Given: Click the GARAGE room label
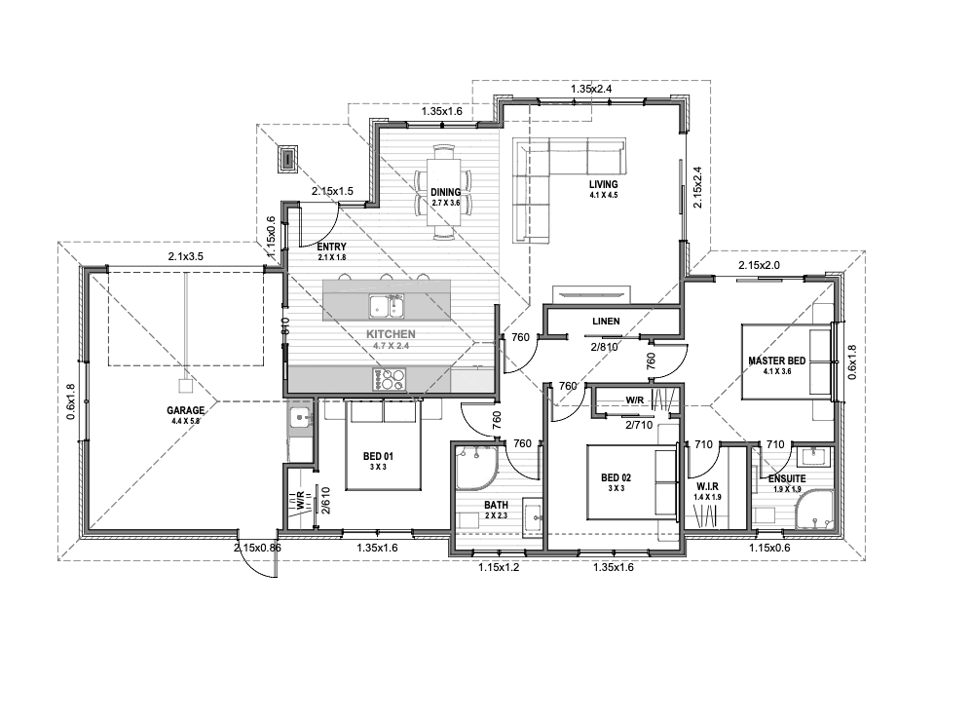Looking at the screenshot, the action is (x=185, y=410).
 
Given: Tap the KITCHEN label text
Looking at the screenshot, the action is (x=392, y=334).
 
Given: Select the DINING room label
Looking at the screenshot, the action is (x=446, y=192).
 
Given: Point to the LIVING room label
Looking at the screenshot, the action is (x=604, y=184).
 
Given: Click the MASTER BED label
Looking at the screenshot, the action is (x=777, y=361).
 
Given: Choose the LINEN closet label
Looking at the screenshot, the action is (x=606, y=322).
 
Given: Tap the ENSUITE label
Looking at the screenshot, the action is (x=787, y=478).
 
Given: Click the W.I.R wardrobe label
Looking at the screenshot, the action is (x=707, y=487).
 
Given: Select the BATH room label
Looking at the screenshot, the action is (x=496, y=506).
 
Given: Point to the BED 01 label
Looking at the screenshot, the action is (x=378, y=456).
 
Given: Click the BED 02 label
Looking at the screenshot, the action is (x=617, y=477).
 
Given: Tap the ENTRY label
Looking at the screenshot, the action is (x=332, y=247).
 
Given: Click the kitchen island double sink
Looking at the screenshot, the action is (x=387, y=306).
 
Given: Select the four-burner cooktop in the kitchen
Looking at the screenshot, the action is (x=390, y=379).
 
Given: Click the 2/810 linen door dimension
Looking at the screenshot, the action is (x=605, y=347).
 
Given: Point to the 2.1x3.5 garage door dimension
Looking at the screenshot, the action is (x=185, y=255).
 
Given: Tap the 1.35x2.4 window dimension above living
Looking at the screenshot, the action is (x=591, y=89).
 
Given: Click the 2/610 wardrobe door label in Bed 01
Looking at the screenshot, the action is (x=325, y=500).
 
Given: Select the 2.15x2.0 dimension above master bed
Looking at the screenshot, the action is (x=759, y=265).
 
